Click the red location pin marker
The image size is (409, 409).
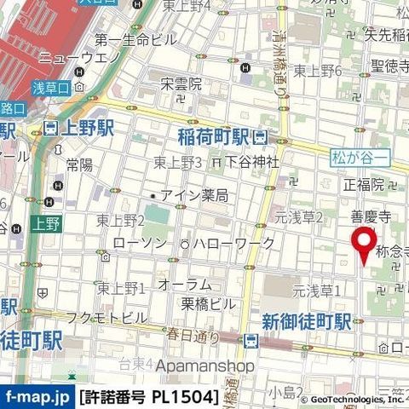366,243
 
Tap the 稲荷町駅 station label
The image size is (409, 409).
213,136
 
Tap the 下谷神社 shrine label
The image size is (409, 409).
253,162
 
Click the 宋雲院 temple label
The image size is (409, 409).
181,84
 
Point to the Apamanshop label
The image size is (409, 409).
205,366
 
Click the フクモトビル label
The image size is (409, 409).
107,318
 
